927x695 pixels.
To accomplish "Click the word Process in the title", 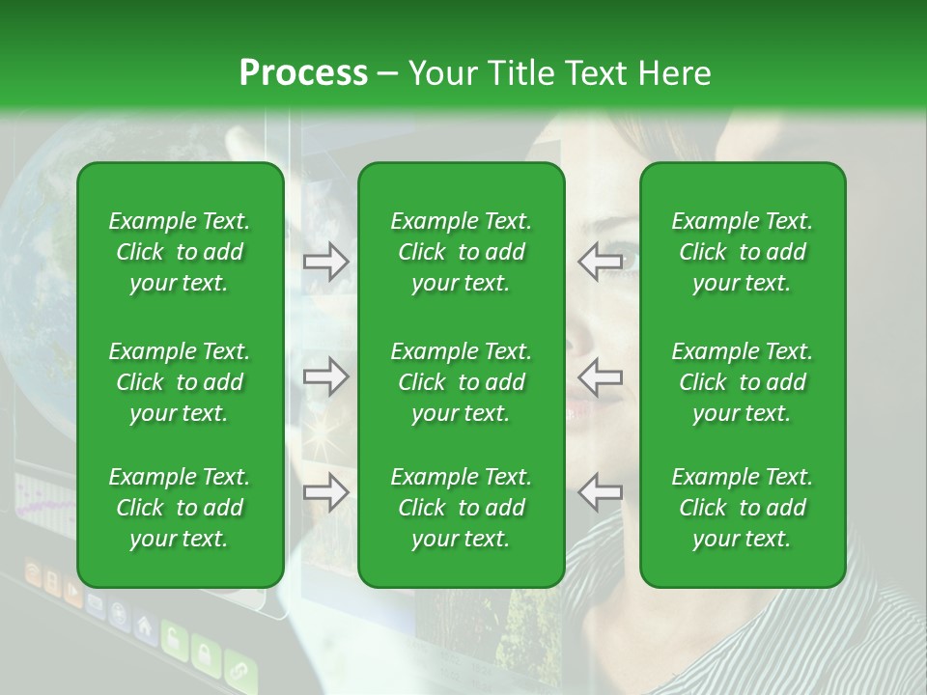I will click(303, 73).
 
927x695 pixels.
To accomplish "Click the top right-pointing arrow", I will click(326, 261).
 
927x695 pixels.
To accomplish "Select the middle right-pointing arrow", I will click(326, 376).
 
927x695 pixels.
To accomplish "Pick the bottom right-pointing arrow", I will click(326, 492).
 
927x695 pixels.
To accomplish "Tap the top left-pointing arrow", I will click(600, 261).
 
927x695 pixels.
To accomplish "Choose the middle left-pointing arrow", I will click(600, 376).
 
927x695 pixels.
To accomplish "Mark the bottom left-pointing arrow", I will click(600, 492).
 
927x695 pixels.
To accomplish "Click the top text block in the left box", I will click(180, 252).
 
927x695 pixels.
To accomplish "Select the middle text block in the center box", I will click(461, 382).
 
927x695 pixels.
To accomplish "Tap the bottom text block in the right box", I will click(742, 508).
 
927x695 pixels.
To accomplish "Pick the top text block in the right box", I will click(742, 252).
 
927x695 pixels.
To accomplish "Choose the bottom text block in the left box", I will click(180, 508).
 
